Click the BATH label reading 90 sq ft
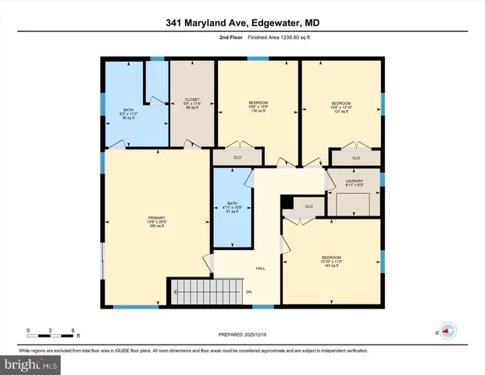pos(128,114)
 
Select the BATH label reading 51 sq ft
pos(233,207)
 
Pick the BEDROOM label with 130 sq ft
pos(258,106)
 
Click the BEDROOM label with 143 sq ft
pos(332,261)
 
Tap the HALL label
pos(260,268)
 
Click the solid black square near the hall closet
pos(287,203)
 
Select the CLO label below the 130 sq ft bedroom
pos(237,158)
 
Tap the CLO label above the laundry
pos(355,158)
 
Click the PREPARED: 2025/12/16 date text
pos(242,334)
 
